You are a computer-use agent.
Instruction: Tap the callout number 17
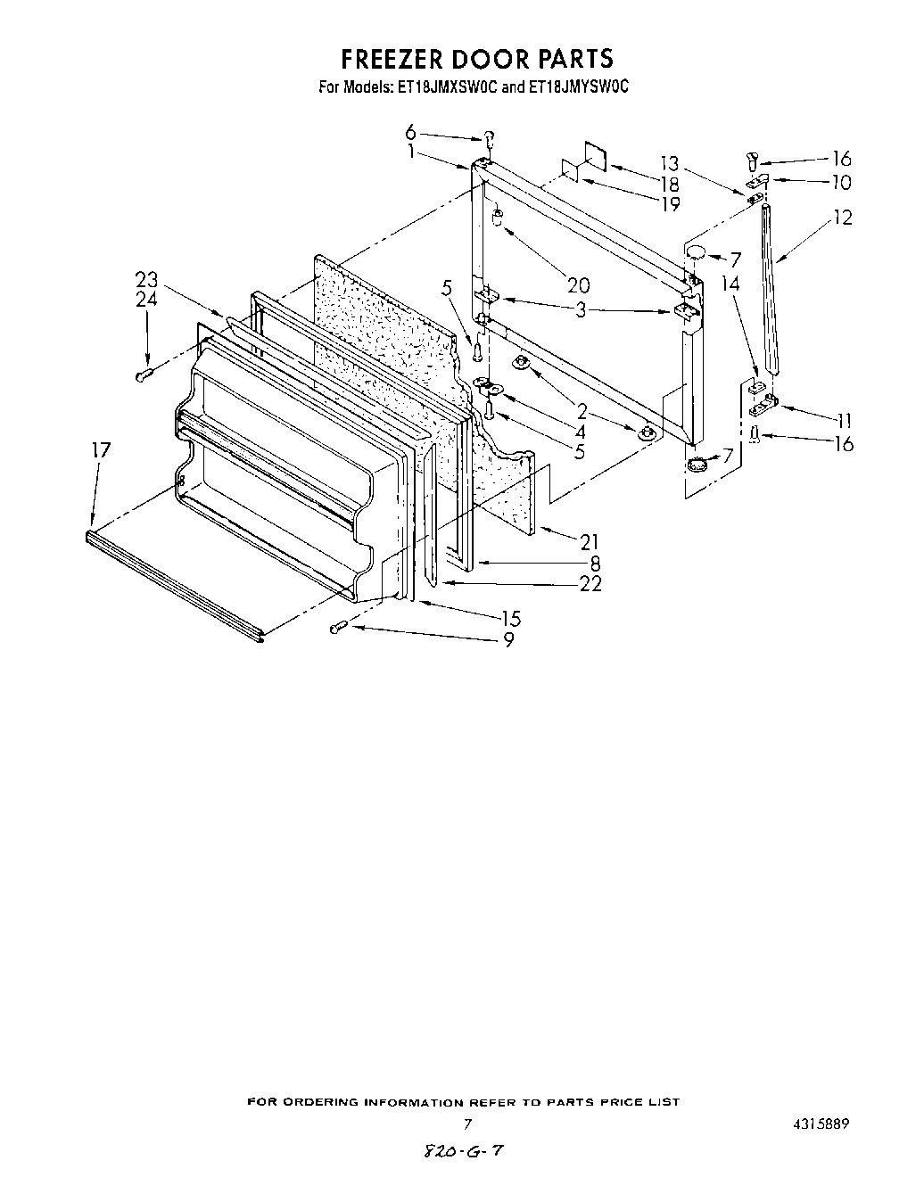tap(101, 450)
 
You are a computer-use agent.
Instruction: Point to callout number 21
tap(589, 541)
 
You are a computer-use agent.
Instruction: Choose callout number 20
tap(579, 285)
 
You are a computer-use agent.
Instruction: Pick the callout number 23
tap(146, 279)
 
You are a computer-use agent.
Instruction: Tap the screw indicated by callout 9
tap(338, 629)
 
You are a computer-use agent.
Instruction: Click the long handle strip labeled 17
tap(174, 582)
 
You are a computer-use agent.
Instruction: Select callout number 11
tap(839, 421)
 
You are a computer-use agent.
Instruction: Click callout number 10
tap(840, 183)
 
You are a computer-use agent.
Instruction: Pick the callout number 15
tap(511, 618)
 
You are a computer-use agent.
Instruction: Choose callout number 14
tap(731, 284)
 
